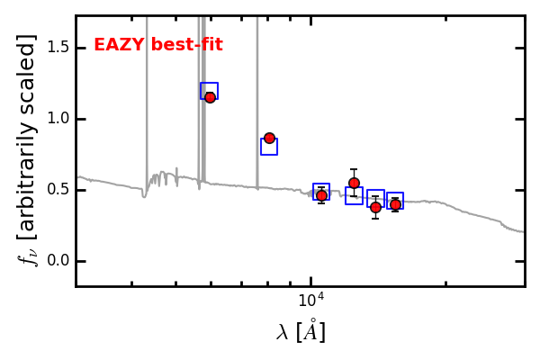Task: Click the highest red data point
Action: (210, 97)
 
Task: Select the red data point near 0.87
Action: (269, 138)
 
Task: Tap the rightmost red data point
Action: (395, 204)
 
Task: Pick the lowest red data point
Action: (375, 207)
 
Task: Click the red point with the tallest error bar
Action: (354, 183)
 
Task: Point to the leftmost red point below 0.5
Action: (321, 195)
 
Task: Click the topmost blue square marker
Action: (209, 90)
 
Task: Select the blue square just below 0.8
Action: (269, 147)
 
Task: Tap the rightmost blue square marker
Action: (395, 200)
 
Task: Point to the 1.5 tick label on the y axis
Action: (58, 47)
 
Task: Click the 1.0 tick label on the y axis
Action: (58, 119)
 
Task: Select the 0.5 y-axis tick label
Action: (58, 190)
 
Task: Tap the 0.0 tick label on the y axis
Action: (58, 261)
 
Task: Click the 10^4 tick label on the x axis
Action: (310, 300)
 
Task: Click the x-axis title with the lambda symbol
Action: (301, 332)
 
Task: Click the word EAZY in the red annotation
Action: (119, 45)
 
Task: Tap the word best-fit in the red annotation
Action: (186, 45)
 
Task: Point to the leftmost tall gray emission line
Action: (147, 99)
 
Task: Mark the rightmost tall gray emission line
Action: (257, 99)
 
